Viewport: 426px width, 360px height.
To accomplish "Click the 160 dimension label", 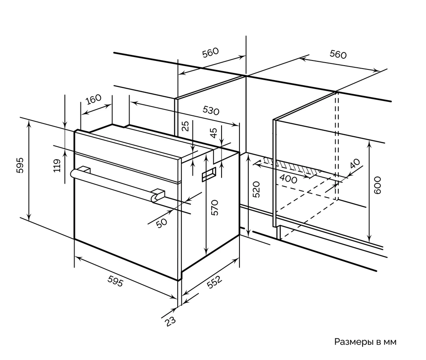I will click(93, 99).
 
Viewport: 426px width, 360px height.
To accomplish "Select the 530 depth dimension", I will click(210, 111).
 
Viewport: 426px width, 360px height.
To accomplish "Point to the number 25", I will click(184, 126).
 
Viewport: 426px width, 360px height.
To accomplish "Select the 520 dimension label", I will click(256, 189).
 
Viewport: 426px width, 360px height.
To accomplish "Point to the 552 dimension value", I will click(213, 284).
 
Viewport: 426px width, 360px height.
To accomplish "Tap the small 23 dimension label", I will click(171, 320).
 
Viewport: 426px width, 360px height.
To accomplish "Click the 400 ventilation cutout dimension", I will click(289, 179).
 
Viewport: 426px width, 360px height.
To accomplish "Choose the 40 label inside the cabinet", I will click(354, 164).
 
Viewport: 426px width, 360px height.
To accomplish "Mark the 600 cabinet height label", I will click(377, 186).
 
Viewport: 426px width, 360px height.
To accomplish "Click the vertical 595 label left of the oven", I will click(19, 166).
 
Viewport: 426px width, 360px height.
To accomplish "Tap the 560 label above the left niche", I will click(210, 52).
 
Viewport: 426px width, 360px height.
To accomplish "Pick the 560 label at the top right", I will click(338, 54).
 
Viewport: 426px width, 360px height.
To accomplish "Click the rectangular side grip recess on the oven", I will click(209, 175).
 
